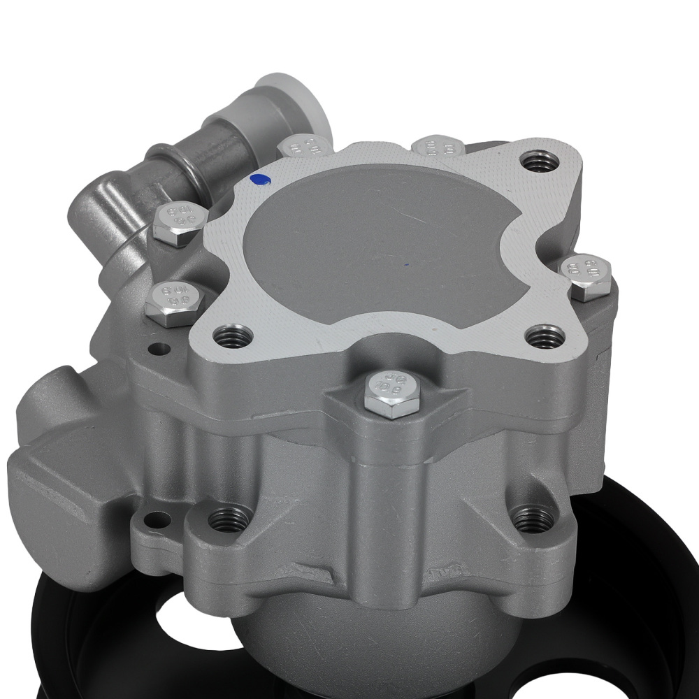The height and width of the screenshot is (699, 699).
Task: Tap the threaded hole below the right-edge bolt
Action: point(545,337)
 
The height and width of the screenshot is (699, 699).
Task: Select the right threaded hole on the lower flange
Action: point(534,519)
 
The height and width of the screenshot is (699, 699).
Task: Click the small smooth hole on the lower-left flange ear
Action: point(158,519)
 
